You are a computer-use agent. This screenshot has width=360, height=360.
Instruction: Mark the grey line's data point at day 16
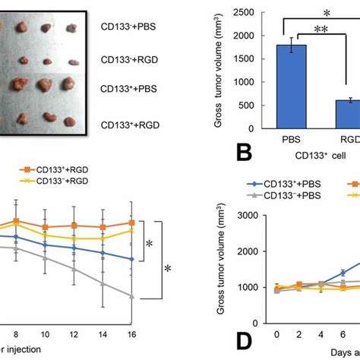click(x=132, y=296)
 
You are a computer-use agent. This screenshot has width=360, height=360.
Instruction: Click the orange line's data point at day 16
click(x=132, y=223)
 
